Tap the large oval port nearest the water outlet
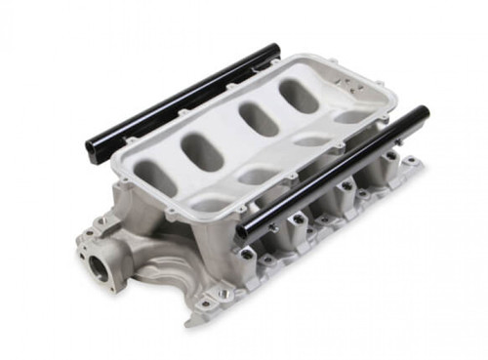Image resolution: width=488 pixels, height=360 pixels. tap(156, 177)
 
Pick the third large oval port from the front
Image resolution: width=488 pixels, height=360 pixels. tap(259, 118)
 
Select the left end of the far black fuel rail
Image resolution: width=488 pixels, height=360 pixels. tap(92, 152)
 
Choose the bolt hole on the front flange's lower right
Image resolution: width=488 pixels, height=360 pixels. tap(223, 293)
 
